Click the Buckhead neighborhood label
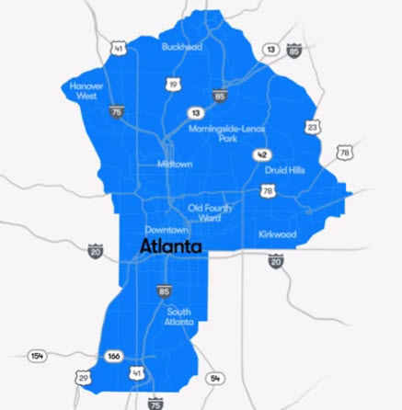180,46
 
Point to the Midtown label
174,164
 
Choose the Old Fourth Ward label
211,212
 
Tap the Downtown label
166,229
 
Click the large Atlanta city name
171,246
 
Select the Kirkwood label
277,234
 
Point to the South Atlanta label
179,317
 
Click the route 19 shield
172,85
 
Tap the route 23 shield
313,127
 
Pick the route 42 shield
262,154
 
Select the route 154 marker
37,355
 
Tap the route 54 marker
216,378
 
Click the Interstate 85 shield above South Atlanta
164,291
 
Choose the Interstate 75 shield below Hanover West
116,111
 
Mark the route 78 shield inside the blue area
267,190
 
